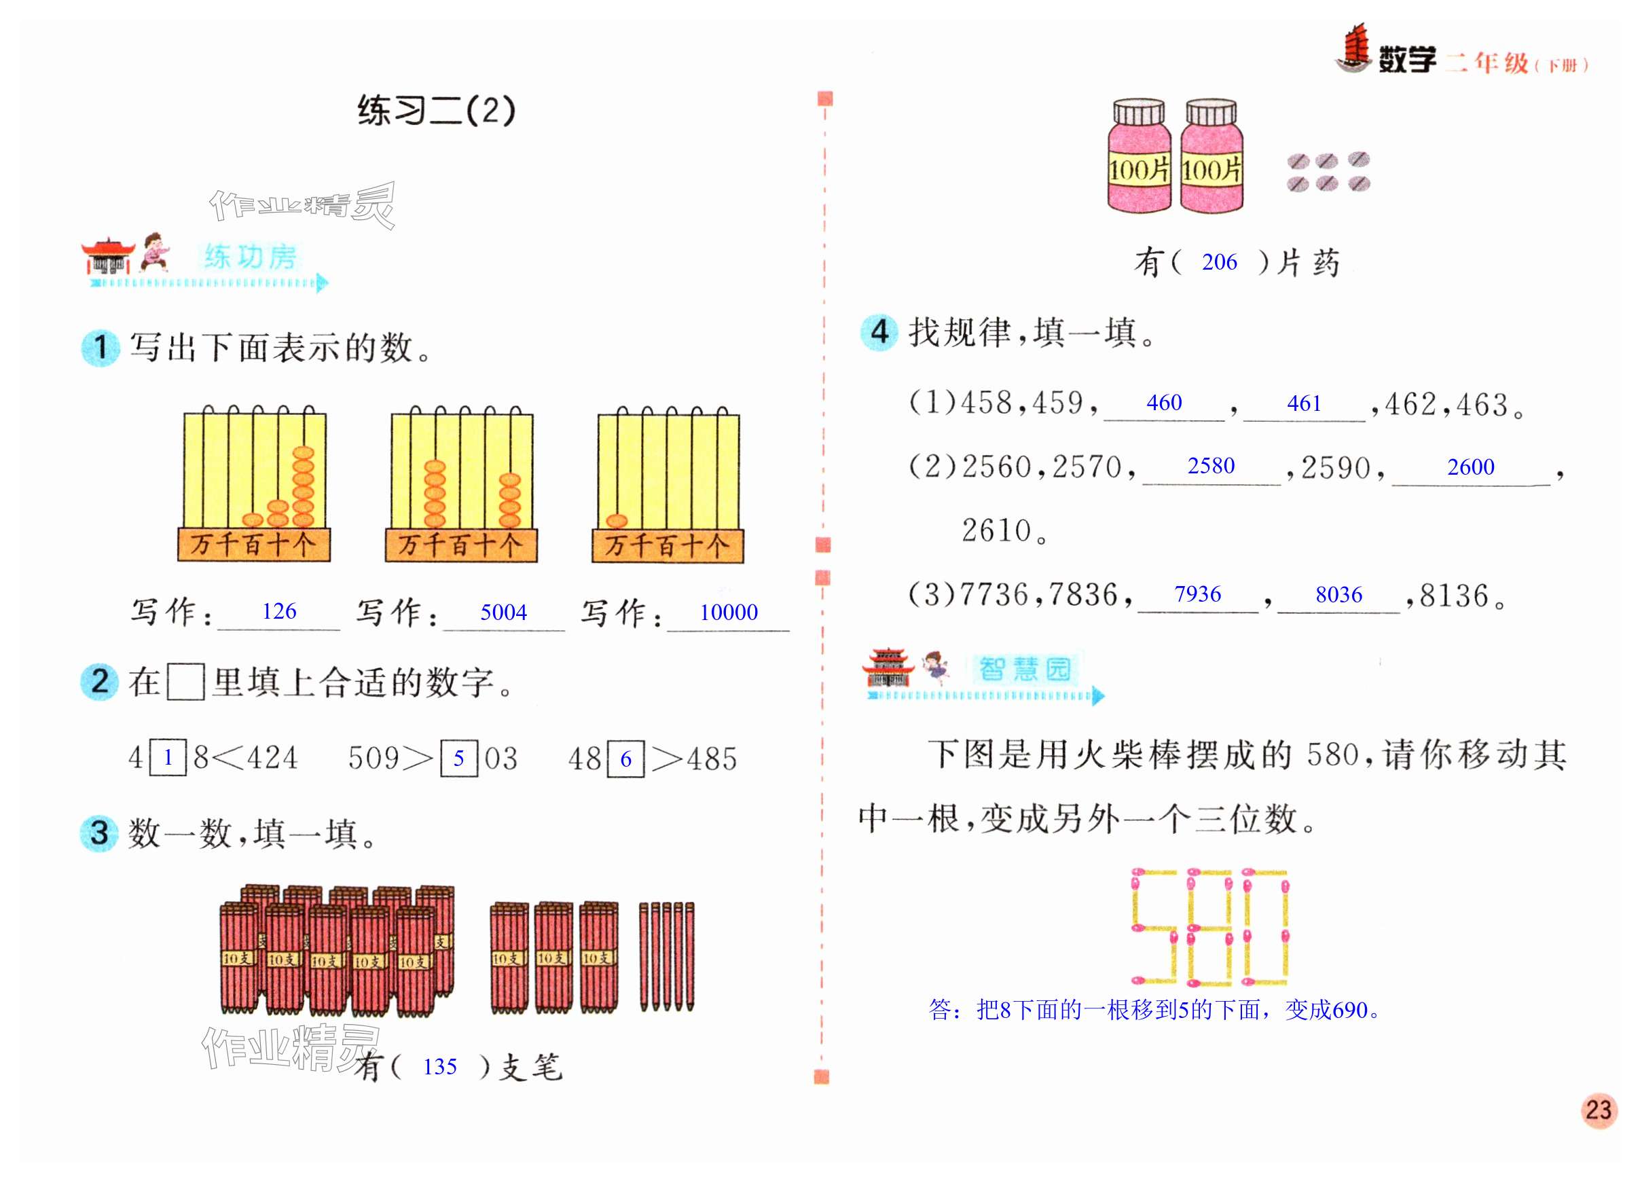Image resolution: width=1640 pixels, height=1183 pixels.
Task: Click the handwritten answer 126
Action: [x=279, y=612]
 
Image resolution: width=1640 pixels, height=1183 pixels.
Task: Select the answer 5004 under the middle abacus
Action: [x=503, y=613]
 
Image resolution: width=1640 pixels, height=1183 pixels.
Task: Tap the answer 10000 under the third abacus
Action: [x=728, y=613]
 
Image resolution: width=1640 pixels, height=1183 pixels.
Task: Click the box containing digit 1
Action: [x=168, y=758]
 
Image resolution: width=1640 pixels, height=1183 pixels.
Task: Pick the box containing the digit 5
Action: [x=458, y=759]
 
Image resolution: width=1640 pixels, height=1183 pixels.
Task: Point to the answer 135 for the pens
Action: [x=439, y=1067]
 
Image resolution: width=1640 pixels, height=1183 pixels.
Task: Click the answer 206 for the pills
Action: [x=1219, y=261]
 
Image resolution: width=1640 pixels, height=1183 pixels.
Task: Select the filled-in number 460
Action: [x=1164, y=403]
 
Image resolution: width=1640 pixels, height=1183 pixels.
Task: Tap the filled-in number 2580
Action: [x=1211, y=466]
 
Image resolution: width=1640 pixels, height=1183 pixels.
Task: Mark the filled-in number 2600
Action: [x=1471, y=467]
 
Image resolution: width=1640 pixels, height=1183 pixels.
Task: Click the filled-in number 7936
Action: [x=1197, y=594]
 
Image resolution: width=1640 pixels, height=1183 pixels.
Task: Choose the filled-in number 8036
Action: [x=1338, y=594]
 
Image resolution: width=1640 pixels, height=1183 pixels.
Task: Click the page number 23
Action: [x=1599, y=1110]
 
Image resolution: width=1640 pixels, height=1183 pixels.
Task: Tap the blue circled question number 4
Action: [x=879, y=333]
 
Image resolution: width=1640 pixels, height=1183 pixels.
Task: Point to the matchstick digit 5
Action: [x=1154, y=927]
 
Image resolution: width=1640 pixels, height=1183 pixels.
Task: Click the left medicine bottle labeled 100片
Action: [x=1139, y=158]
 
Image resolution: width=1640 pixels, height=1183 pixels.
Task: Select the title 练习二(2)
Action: [x=437, y=111]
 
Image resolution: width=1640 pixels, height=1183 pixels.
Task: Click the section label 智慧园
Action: [x=1025, y=669]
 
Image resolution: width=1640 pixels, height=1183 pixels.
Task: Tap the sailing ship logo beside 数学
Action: [x=1353, y=49]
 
